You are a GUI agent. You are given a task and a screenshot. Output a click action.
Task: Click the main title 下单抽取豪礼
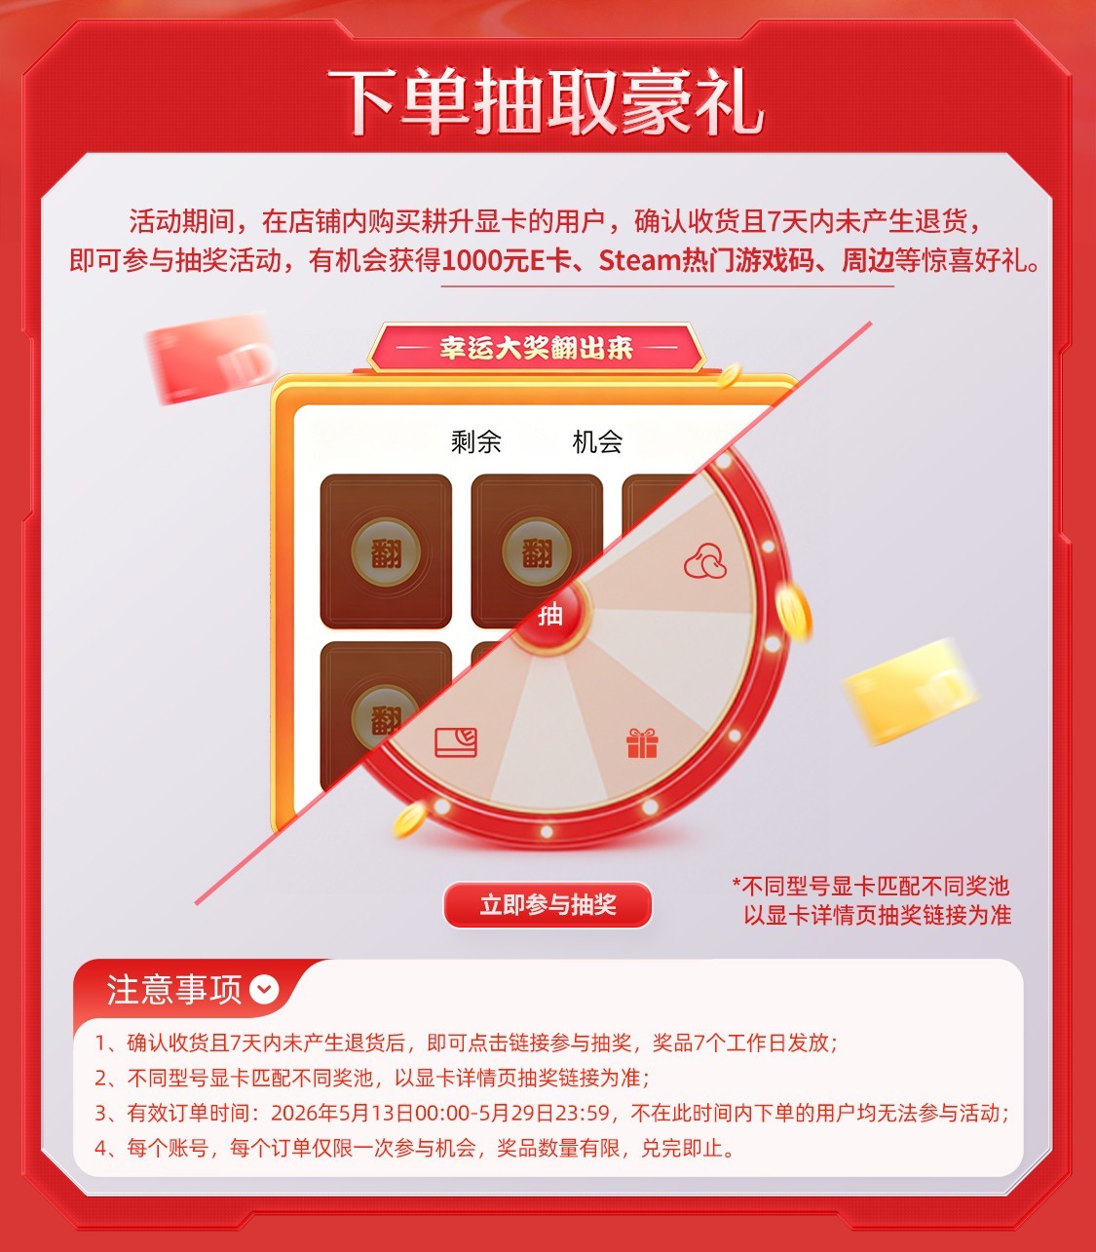(x=546, y=101)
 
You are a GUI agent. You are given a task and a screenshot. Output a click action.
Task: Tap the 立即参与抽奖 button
(x=548, y=904)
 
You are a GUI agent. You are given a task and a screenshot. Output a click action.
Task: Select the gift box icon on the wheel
(x=641, y=742)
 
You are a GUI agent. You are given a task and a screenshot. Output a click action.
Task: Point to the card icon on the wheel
(x=456, y=741)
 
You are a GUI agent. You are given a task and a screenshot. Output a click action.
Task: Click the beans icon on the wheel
(x=705, y=560)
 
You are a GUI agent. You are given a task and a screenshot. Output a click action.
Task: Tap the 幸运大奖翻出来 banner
(x=536, y=348)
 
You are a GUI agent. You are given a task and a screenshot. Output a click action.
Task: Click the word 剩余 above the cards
(x=475, y=441)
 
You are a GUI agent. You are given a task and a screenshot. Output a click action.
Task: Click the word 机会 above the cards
(x=597, y=441)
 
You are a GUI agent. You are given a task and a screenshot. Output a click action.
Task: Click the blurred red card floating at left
(x=209, y=358)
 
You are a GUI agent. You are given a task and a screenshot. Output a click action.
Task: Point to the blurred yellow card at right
(x=909, y=692)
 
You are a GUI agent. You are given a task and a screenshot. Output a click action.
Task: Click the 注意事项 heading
(x=174, y=990)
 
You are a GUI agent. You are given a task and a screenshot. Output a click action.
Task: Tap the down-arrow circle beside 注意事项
(x=264, y=990)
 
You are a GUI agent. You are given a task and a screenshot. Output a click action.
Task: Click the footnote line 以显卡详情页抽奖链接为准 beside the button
(x=877, y=916)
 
